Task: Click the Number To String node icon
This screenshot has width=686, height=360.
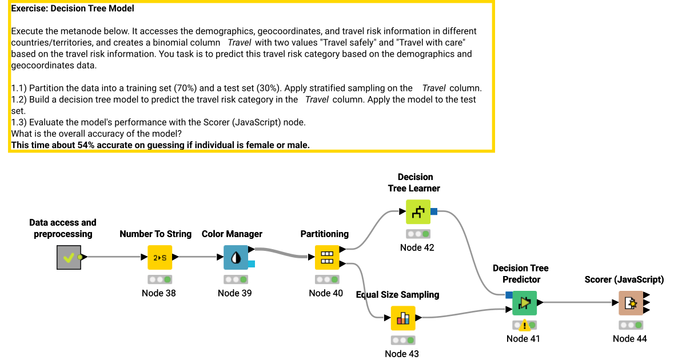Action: [159, 257]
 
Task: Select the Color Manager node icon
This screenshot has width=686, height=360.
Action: [236, 257]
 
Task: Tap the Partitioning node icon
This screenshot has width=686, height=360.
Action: [327, 257]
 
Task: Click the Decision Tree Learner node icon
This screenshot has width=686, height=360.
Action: [418, 212]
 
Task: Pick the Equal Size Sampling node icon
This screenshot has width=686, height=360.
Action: [403, 318]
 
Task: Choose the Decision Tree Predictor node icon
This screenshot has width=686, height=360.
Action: [524, 303]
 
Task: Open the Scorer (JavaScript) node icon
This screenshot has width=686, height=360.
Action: [631, 303]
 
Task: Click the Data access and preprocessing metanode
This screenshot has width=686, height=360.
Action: [69, 257]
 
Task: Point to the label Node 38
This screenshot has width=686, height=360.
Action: [159, 293]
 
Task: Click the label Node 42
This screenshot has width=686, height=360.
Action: [417, 247]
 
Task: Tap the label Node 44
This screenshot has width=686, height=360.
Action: [630, 338]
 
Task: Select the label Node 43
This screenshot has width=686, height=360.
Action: [402, 354]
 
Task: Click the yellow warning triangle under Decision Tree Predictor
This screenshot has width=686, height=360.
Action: [524, 326]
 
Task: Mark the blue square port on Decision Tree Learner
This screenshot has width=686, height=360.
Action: [434, 212]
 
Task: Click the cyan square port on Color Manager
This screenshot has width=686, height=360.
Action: [252, 263]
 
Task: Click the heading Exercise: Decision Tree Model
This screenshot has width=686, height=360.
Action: [73, 9]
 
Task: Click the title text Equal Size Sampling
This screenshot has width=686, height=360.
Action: [398, 295]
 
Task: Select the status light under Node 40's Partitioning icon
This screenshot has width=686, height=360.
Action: [327, 280]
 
